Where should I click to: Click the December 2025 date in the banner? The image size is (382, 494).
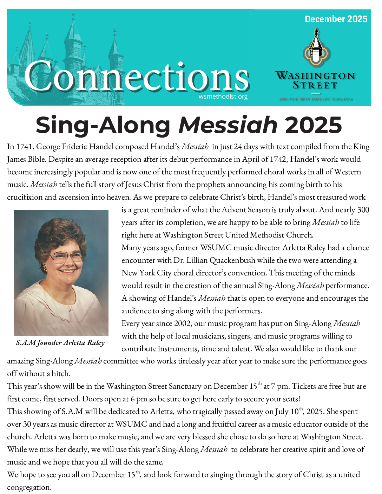336,19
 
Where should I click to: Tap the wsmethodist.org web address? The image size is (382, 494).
223,96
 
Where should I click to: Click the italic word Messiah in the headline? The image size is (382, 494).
228,125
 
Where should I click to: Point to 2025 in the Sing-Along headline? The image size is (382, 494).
313,125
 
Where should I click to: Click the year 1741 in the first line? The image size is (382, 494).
24,147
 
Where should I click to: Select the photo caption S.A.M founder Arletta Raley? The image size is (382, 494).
60,343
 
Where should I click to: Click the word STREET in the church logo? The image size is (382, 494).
315,86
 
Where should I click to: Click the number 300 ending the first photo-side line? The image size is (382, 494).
363,210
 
